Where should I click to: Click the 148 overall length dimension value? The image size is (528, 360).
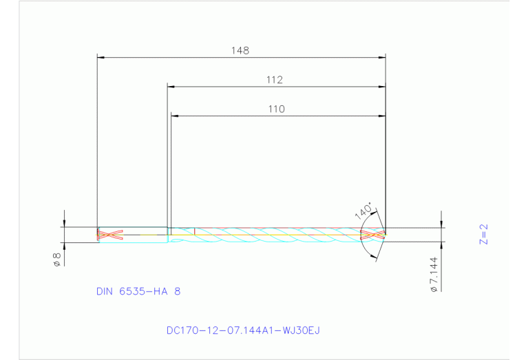[240, 50]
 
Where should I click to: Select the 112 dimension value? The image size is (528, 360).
[275, 80]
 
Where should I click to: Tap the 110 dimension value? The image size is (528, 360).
[276, 109]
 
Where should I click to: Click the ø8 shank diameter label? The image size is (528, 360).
[57, 260]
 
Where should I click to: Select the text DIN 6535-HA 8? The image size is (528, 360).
[138, 291]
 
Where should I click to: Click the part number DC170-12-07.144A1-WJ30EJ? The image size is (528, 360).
[243, 330]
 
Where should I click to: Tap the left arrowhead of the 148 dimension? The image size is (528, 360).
[101, 57]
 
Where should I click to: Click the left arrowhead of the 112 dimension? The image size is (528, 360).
[172, 87]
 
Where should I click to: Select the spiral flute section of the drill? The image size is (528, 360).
[275, 235]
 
